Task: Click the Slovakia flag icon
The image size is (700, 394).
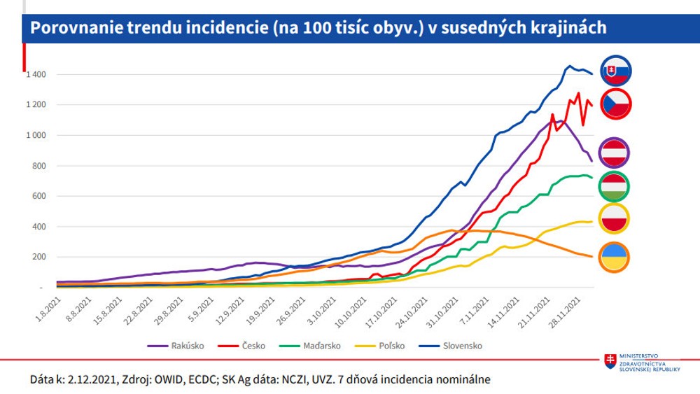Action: pos(614,70)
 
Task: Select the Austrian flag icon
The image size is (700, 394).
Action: pos(614,151)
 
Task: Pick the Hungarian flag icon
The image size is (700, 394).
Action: pos(614,185)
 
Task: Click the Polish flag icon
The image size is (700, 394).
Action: pos(614,220)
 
